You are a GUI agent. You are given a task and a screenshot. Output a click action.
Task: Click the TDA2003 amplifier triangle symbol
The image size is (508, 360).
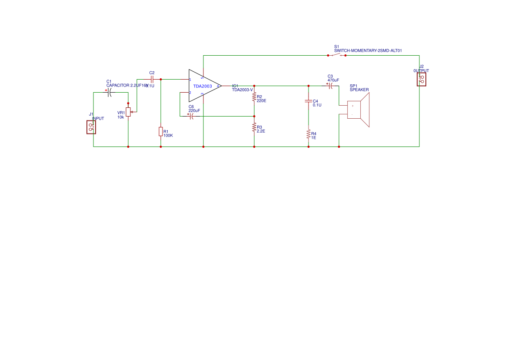[203, 86]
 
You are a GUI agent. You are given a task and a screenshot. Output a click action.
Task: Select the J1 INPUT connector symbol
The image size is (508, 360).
[91, 127]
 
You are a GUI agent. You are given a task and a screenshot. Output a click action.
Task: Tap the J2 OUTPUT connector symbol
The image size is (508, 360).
[421, 79]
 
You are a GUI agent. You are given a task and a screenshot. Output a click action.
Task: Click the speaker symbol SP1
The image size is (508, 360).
[358, 110]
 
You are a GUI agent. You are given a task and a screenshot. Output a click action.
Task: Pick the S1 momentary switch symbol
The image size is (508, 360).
[336, 55]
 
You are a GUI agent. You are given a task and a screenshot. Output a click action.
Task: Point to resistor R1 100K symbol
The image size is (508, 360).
[161, 131]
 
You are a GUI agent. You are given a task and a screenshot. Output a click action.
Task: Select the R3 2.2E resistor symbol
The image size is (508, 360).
[254, 127]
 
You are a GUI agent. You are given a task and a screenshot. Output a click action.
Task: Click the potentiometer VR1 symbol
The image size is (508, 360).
[128, 112]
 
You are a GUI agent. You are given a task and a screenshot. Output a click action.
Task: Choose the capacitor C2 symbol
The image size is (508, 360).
[152, 79]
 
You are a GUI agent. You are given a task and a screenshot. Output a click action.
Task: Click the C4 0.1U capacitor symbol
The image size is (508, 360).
[309, 102]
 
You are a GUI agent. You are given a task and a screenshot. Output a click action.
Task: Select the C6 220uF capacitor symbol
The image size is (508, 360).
[192, 116]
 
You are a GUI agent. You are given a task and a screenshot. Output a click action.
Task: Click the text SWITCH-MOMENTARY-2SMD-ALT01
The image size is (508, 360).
[368, 50]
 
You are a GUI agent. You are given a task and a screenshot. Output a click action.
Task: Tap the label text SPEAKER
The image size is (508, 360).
[359, 90]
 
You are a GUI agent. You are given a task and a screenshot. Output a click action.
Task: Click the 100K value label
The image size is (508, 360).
[168, 135]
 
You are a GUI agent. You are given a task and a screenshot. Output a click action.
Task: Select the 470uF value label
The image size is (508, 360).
[333, 80]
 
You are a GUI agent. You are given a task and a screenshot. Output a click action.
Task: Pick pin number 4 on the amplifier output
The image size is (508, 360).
[218, 86]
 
